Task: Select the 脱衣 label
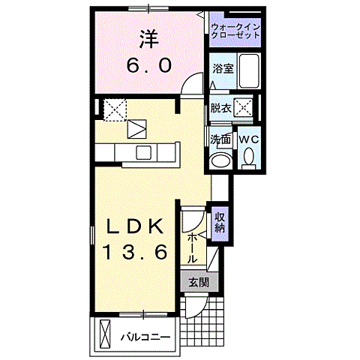click(220, 107)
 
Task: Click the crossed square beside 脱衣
click(244, 108)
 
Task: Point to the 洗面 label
click(220, 139)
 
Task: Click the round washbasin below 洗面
click(220, 161)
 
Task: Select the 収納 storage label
click(220, 223)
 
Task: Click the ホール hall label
click(193, 246)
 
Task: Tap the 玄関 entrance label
click(198, 283)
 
